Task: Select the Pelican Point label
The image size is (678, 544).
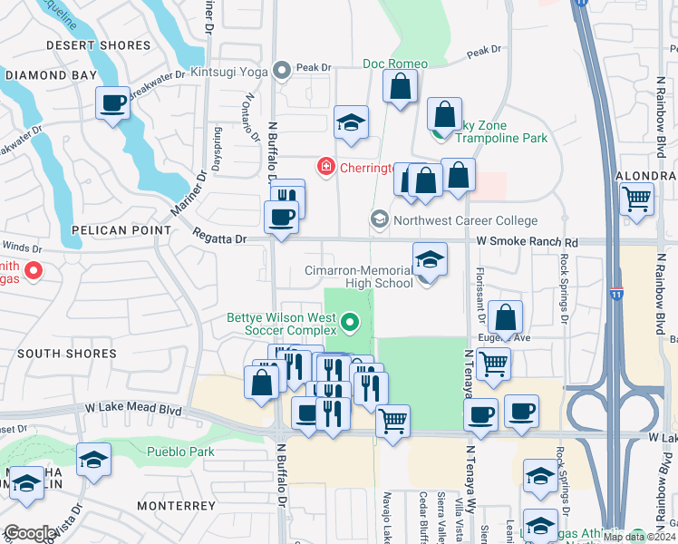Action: pyautogui.click(x=131, y=231)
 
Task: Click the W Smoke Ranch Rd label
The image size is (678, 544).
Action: pyautogui.click(x=527, y=243)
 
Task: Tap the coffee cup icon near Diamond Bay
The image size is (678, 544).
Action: pyautogui.click(x=112, y=104)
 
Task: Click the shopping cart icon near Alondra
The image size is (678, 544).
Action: pyautogui.click(x=637, y=199)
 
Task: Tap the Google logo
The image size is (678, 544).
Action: pyautogui.click(x=29, y=533)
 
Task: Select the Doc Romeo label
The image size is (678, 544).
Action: pyautogui.click(x=395, y=63)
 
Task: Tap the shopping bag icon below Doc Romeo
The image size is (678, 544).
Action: pyautogui.click(x=399, y=89)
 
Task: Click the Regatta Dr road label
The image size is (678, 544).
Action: pyautogui.click(x=219, y=238)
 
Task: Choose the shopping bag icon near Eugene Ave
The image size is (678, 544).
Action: pyautogui.click(x=505, y=318)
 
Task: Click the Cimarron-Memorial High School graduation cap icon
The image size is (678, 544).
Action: pyautogui.click(x=429, y=260)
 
